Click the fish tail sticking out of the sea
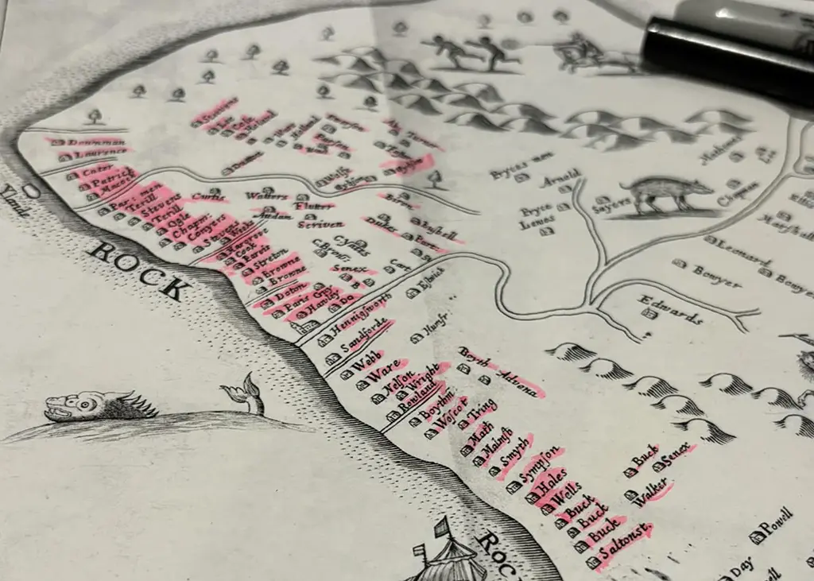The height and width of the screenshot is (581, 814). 246,392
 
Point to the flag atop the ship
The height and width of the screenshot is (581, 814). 442,526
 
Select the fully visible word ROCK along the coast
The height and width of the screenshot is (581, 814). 135,269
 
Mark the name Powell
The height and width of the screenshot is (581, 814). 780,525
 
